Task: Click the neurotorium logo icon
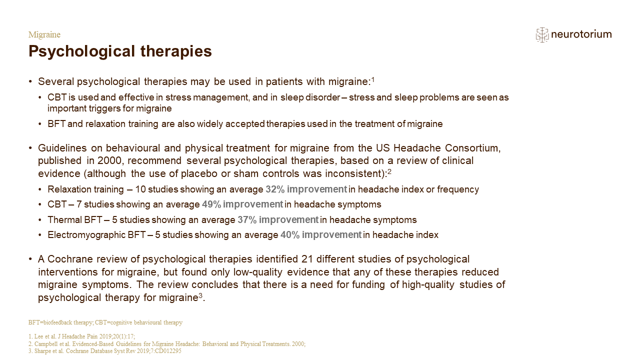[x=542, y=35]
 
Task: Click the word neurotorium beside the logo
[x=581, y=34]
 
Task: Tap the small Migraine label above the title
[x=44, y=34]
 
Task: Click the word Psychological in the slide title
[x=81, y=51]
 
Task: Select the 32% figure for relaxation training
[x=275, y=189]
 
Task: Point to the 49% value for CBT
[x=211, y=204]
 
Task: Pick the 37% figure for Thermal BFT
[x=247, y=219]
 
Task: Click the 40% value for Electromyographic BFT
[x=289, y=234]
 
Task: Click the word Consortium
[x=472, y=148]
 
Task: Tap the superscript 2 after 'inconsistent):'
[x=389, y=171]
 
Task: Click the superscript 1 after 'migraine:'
[x=372, y=79]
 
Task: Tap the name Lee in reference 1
[x=38, y=336]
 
